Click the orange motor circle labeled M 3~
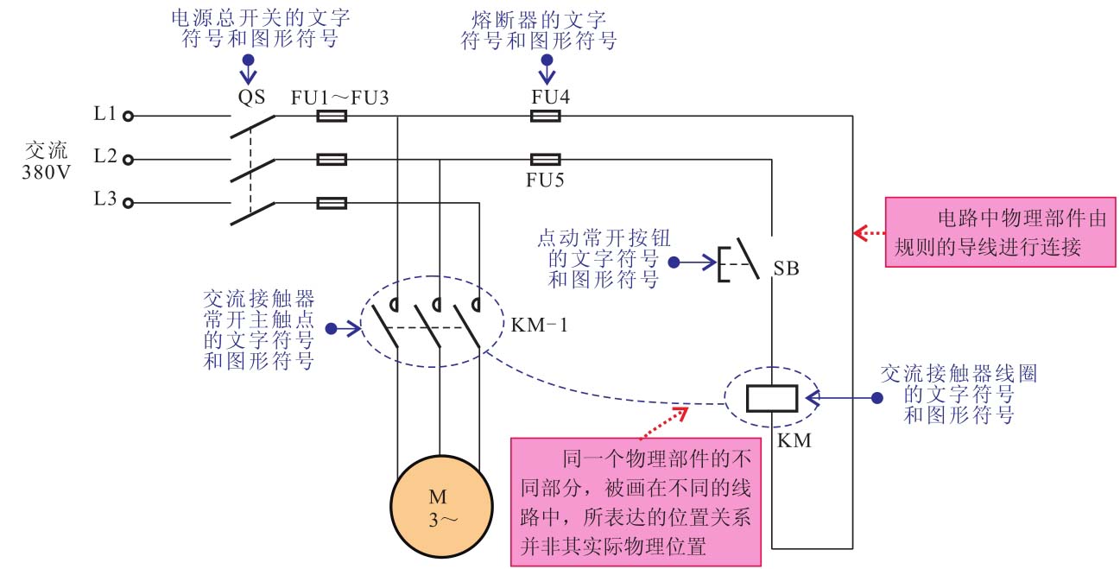click(441, 508)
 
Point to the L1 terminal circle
click(128, 115)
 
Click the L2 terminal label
click(105, 157)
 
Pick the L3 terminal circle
click(128, 203)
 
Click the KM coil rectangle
click(771, 397)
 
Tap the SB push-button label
click(786, 269)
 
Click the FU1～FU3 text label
click(339, 97)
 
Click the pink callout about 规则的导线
click(1003, 231)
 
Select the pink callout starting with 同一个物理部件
click(636, 500)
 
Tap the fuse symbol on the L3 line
click(332, 204)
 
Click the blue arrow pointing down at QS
click(249, 72)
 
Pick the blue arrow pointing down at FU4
click(546, 72)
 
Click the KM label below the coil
click(793, 439)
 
